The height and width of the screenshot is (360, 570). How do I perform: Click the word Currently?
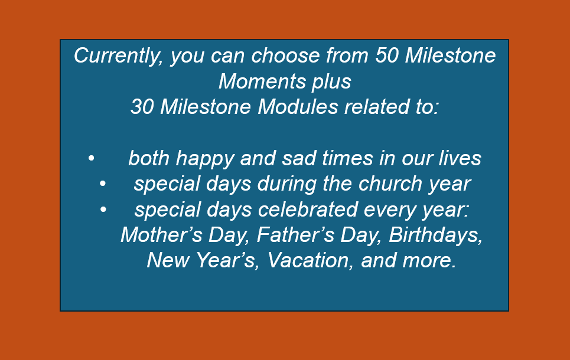coord(118,56)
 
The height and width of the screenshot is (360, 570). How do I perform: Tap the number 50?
coord(387,55)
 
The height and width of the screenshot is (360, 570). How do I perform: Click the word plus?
coord(331,82)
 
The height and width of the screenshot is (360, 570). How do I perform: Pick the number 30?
coord(142,107)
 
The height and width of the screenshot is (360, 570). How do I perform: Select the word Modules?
coord(298,107)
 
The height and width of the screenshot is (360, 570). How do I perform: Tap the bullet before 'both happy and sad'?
coord(91,158)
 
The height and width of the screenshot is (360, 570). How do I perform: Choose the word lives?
coord(460,158)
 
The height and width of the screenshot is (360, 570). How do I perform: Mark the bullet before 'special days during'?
coord(103,184)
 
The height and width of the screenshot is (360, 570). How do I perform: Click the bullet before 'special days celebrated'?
coord(103,210)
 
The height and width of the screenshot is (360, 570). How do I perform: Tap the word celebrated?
coord(308,210)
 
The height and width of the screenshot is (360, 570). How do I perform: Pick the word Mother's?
coord(161,235)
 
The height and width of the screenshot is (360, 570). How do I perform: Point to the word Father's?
coord(295,235)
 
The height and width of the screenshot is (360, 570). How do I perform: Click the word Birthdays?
coord(435,235)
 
